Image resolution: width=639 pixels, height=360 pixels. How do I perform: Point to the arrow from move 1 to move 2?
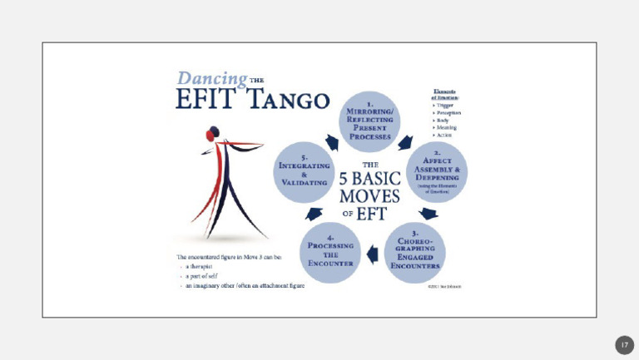point(406,142)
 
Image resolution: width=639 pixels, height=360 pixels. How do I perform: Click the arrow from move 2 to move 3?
point(428,214)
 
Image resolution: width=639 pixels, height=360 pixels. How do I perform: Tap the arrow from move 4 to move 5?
point(314,214)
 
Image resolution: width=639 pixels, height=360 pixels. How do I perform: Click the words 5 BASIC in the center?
point(371,179)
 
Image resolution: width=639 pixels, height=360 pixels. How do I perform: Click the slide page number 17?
point(624,345)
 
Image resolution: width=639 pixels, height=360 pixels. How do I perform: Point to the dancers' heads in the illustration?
point(214,133)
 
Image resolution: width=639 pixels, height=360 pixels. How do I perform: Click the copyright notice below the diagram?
point(443,287)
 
